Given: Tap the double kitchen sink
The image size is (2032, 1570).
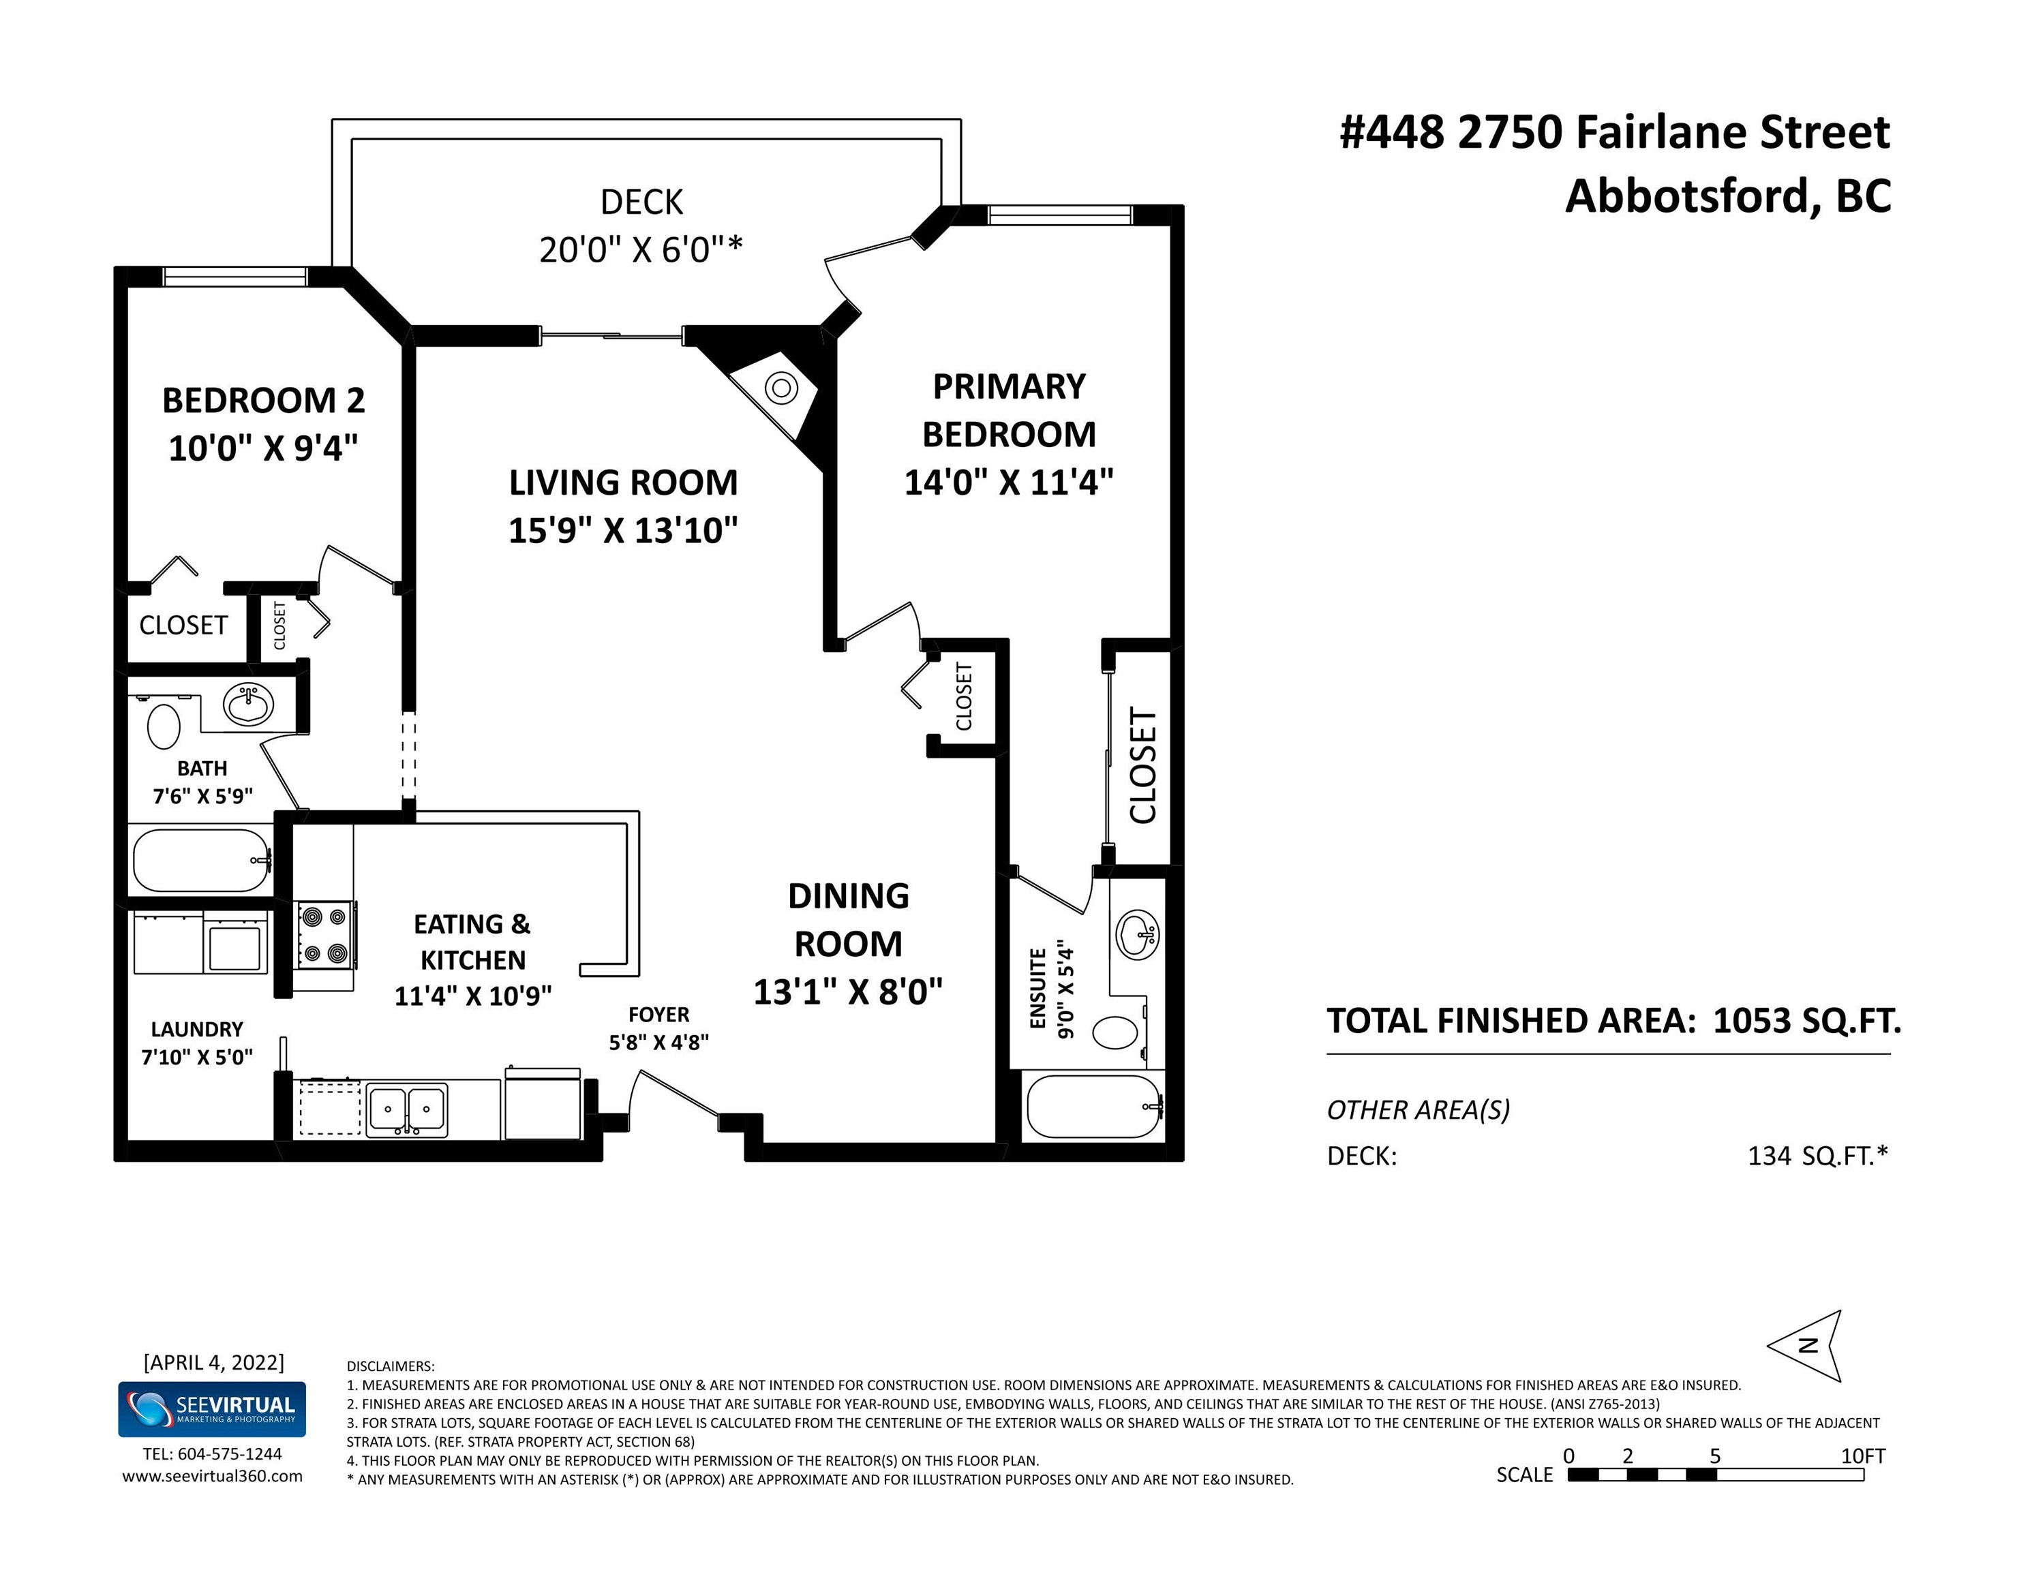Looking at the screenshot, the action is (x=406, y=1109).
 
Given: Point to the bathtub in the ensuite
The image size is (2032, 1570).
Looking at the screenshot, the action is (x=1094, y=1106).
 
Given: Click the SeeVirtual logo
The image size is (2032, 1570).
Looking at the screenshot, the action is (x=212, y=1409).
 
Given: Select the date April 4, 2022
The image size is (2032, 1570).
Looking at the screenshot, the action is (x=214, y=1363).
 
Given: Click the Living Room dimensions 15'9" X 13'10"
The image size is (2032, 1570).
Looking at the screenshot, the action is (x=624, y=530).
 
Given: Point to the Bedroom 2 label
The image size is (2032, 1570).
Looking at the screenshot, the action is (x=263, y=400).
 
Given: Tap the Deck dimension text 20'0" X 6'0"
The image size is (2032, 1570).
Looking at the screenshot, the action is (x=641, y=249).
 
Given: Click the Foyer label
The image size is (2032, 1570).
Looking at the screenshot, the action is (x=658, y=1015).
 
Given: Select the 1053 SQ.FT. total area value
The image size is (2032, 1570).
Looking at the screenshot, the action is (x=1807, y=1021).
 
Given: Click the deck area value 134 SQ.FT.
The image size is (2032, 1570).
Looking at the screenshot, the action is (x=1818, y=1156).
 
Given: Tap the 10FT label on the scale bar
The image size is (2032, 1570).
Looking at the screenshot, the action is (x=1863, y=1456).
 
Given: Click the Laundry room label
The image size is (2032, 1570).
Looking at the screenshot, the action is (x=197, y=1030).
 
